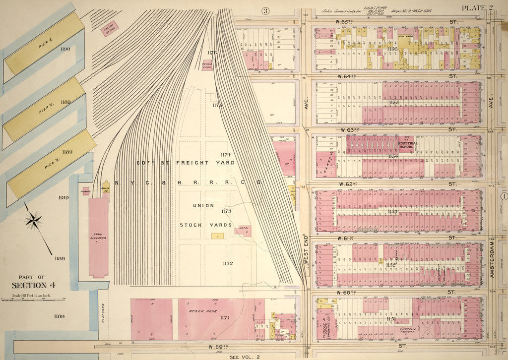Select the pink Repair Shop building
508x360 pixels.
click(x=207, y=65)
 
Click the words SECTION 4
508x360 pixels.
click(x=30, y=285)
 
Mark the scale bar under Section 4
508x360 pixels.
click(x=33, y=299)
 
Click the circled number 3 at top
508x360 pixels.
click(x=266, y=11)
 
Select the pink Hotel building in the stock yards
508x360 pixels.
click(x=243, y=231)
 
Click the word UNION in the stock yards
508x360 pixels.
click(x=206, y=205)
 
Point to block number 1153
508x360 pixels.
click(x=393, y=211)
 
